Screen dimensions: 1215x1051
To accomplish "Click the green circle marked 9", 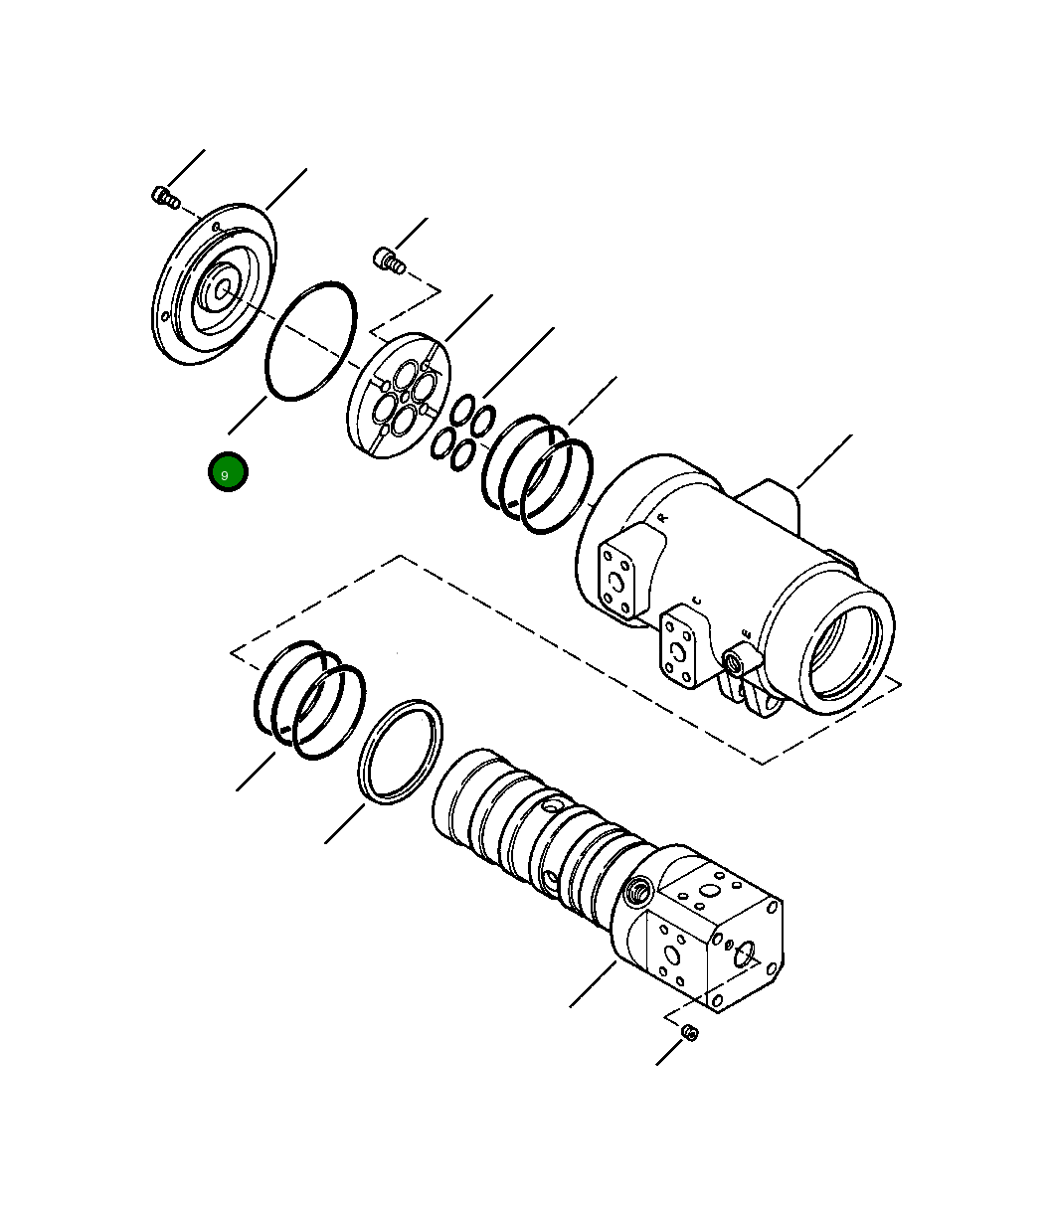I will pos(227,472).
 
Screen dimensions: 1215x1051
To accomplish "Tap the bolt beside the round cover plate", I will pos(164,197).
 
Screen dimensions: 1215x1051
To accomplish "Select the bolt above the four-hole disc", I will pos(387,260).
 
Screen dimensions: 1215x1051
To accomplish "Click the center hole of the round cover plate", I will pos(223,289).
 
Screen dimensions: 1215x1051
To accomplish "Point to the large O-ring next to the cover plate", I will pos(310,341).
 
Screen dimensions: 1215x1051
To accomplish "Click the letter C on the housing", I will pos(696,601).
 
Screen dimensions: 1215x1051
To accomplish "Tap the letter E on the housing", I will pos(746,633).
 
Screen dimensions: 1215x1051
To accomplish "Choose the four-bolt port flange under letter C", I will pos(683,651).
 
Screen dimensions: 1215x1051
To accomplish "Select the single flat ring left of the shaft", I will pos(400,751).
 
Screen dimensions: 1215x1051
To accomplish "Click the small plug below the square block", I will pos(691,1033).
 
